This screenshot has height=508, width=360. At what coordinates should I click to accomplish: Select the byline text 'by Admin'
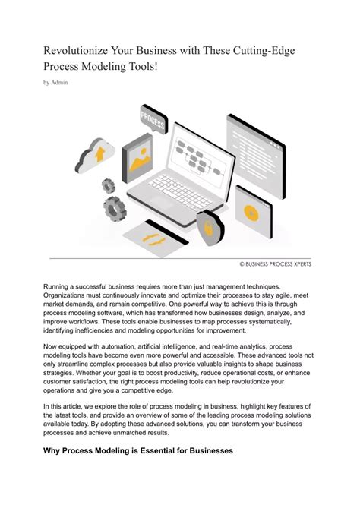(x=55, y=82)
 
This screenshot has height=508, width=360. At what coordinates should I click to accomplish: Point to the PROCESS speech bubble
(x=153, y=119)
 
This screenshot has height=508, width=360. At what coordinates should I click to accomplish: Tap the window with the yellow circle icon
(x=249, y=207)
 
